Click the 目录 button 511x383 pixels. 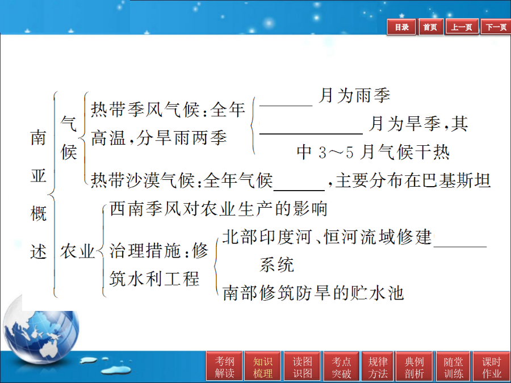pos(401,27)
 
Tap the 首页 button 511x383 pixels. pos(430,27)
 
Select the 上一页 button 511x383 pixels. pos(462,27)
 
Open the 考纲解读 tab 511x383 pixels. pos(224,367)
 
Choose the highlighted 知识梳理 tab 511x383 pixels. pos(263,367)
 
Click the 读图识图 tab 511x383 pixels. pos(303,367)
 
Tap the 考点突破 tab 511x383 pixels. pos(341,367)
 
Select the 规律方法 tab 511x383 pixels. pos(378,367)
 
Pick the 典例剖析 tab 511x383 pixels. pos(414,367)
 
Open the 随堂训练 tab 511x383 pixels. pos(453,367)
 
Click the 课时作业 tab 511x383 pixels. pos(492,367)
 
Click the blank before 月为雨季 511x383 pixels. pos(286,106)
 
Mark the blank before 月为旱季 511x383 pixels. pos(311,133)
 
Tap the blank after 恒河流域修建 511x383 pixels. pos(460,247)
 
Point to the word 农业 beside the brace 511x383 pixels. pos(77,251)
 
